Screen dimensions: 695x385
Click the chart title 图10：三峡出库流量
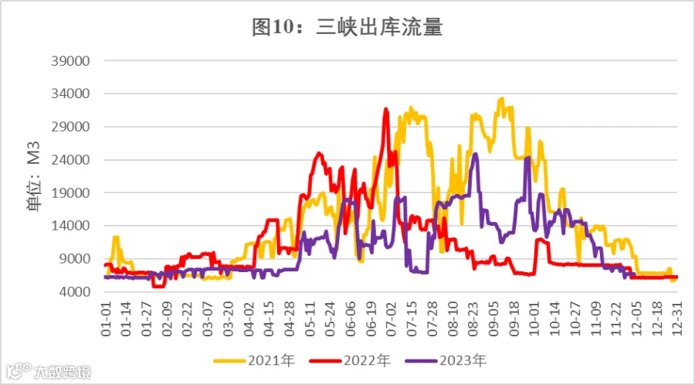347,28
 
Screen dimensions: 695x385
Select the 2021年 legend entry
254,360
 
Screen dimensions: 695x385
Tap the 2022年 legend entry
350,360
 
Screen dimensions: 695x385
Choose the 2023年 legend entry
446,360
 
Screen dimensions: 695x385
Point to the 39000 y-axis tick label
70,61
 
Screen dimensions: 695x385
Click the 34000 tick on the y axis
70,94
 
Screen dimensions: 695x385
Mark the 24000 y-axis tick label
70,160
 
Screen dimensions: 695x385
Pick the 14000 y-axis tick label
70,226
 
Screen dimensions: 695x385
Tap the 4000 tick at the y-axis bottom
74,292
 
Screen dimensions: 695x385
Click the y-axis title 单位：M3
34,176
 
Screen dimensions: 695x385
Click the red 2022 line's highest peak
386,109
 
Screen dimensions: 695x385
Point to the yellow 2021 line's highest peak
501,99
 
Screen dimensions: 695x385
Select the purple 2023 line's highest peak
476,154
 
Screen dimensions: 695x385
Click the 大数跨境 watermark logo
49,372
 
